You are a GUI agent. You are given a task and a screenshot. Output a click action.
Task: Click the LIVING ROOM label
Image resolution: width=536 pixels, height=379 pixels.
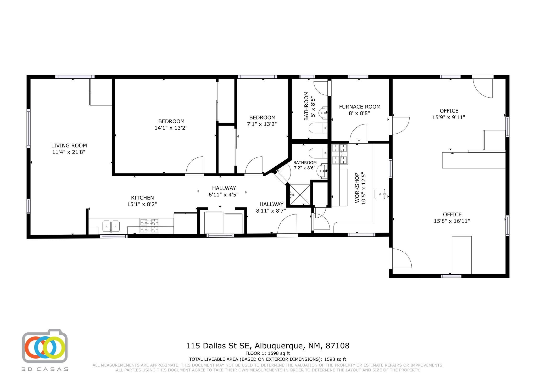point(69,146)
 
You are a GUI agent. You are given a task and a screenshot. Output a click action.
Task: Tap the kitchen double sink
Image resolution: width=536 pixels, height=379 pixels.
point(111,226)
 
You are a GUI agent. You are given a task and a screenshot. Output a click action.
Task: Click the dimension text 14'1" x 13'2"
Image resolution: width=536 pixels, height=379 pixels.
point(171,128)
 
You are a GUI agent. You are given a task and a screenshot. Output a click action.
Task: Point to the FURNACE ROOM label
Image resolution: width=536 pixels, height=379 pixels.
point(360,107)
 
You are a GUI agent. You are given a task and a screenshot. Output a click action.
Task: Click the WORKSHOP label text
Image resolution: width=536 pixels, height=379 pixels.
point(357,188)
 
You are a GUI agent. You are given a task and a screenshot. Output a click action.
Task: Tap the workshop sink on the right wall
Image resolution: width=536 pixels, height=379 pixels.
point(380,194)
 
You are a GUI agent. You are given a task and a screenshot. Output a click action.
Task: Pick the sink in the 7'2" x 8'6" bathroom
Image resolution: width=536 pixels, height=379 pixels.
point(322,171)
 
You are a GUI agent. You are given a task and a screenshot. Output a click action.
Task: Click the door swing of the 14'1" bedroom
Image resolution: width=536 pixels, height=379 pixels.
point(195,165)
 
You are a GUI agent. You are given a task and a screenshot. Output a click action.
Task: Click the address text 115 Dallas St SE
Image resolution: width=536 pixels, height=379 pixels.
point(219,346)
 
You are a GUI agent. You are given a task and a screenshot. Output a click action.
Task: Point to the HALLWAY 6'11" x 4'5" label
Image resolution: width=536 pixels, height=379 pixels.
point(224,188)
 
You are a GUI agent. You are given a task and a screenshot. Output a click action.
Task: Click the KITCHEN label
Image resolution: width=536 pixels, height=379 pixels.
point(142,198)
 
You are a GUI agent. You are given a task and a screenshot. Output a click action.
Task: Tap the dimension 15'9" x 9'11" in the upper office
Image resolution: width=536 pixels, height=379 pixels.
point(449,117)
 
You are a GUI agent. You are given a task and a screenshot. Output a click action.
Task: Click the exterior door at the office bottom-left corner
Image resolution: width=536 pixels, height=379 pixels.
point(400,258)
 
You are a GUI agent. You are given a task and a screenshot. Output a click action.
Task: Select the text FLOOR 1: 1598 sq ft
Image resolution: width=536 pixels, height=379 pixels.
point(267,353)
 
